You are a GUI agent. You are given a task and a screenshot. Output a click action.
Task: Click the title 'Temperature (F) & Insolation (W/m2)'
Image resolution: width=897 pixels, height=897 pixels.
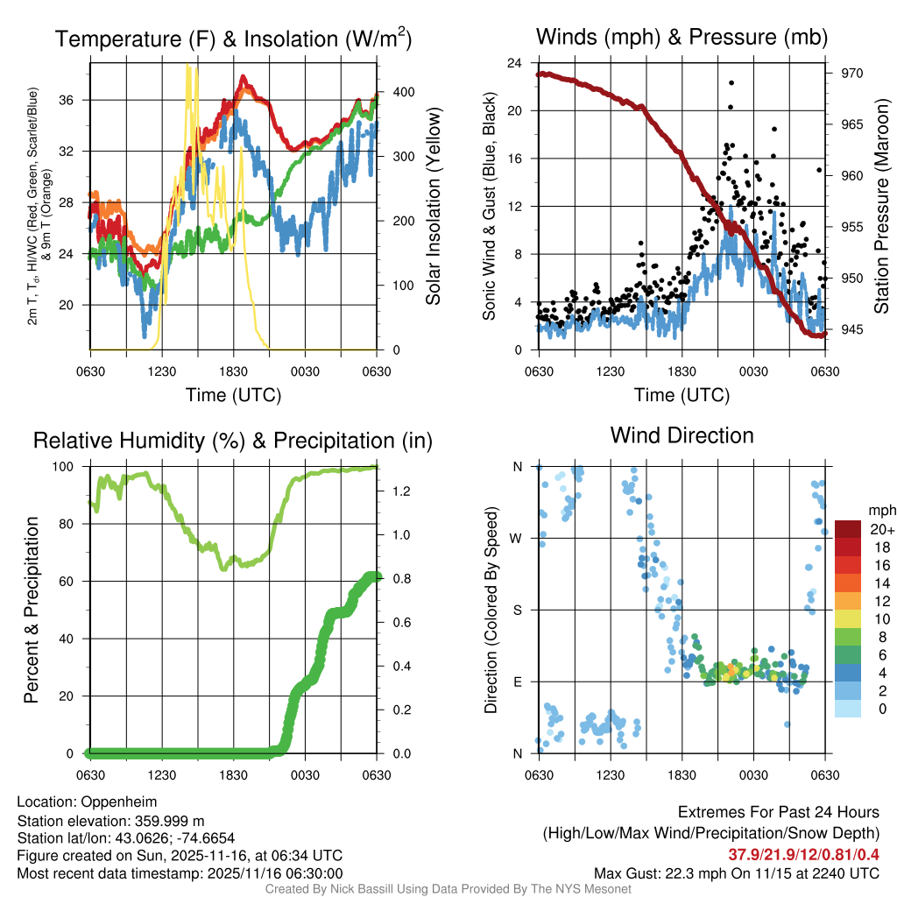click(233, 39)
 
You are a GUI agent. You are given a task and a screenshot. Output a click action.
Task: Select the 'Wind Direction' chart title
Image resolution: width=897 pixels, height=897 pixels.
click(682, 435)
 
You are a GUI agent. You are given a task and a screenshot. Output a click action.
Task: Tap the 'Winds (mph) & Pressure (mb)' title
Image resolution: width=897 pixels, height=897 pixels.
click(682, 38)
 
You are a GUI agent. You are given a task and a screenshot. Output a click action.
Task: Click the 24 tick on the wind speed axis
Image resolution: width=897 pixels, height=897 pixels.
click(515, 63)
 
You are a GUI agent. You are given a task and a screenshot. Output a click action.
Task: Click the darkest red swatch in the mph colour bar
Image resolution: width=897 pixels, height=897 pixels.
click(848, 529)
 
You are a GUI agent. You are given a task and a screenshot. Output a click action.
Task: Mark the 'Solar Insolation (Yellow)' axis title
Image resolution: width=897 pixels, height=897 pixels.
click(434, 207)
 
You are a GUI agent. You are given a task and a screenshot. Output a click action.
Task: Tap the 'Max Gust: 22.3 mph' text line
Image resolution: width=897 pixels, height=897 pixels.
click(736, 872)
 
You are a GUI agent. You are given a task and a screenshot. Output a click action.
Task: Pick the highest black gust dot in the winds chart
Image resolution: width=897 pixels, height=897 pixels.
click(731, 83)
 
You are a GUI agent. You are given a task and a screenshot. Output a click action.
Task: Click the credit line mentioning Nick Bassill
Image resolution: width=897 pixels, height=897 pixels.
click(448, 889)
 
